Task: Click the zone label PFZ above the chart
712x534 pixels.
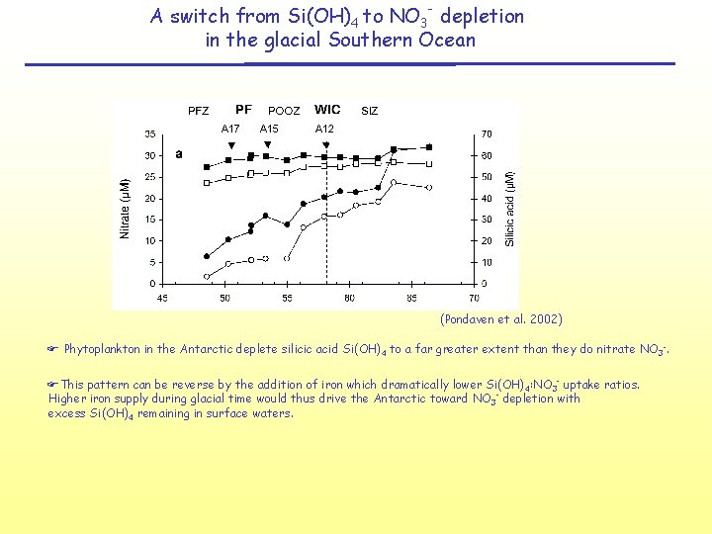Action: [x=199, y=111]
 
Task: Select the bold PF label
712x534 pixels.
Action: [x=243, y=110]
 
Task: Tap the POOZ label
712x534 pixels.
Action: [x=284, y=111]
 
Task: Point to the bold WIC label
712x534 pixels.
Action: [x=327, y=110]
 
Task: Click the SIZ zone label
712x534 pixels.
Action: [x=369, y=111]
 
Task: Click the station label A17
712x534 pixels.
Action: [x=230, y=129]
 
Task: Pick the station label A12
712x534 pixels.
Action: [x=324, y=129]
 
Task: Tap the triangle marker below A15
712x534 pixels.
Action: [x=267, y=144]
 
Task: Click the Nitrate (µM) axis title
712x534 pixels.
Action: [x=125, y=209]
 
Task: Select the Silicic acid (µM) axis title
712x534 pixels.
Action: [x=510, y=209]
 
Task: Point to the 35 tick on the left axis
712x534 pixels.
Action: [x=149, y=134]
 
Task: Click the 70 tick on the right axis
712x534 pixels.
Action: [x=487, y=134]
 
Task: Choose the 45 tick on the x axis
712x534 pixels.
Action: [x=162, y=297]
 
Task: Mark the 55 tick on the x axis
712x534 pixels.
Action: [x=287, y=297]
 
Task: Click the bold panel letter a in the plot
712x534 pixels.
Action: [x=179, y=153]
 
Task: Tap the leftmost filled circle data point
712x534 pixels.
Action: [x=207, y=256]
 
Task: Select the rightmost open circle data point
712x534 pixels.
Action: [x=428, y=187]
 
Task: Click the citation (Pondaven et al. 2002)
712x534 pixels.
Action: [x=500, y=319]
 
